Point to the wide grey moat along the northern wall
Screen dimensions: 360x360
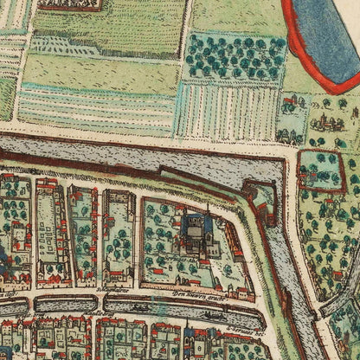(130, 156)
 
